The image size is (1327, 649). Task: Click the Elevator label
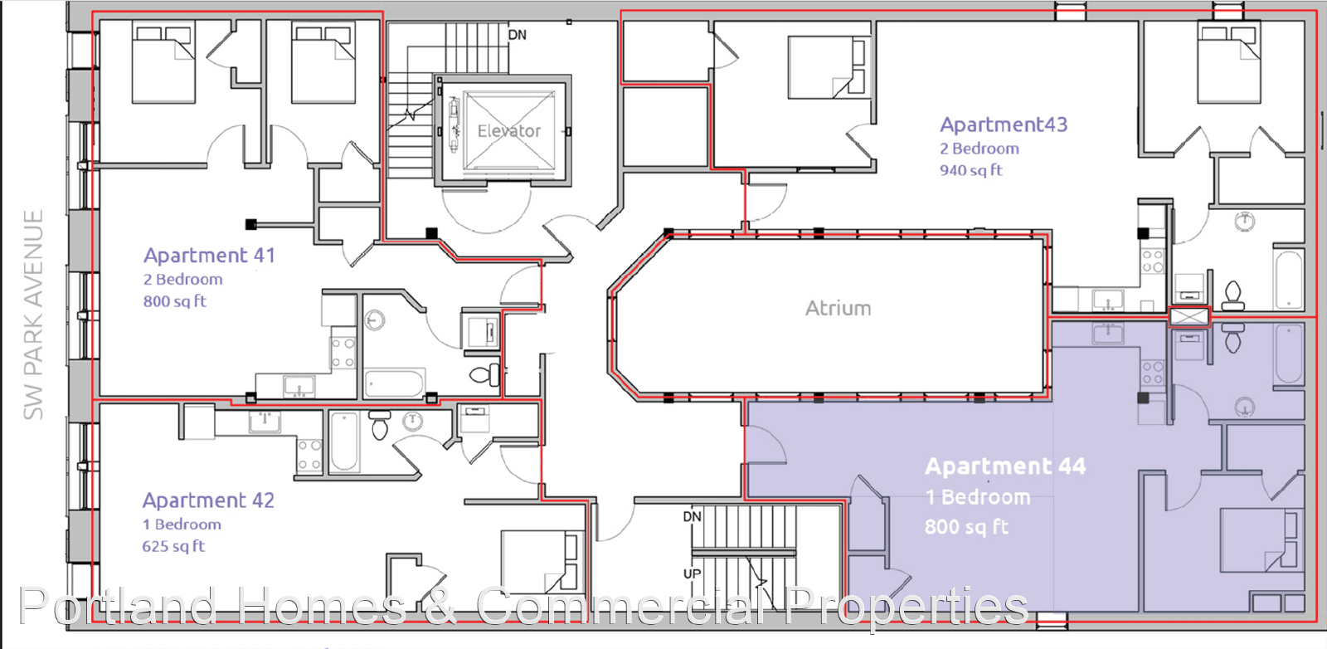point(509,131)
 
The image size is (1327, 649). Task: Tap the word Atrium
point(838,308)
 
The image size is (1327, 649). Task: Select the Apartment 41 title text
point(209,256)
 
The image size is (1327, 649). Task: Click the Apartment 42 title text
point(208,500)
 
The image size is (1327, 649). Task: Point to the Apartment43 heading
point(1004,124)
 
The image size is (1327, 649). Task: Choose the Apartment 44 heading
point(1005,466)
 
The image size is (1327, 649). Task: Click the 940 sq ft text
point(971,171)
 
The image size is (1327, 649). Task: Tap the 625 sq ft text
point(173,546)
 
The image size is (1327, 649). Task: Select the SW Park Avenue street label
point(33,315)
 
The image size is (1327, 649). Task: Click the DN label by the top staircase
point(518,35)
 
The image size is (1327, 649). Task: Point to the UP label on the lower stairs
point(692,573)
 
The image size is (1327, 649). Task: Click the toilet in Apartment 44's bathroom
point(1233,339)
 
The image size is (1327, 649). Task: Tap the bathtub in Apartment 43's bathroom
point(1289,280)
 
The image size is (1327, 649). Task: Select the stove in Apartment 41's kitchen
point(343,353)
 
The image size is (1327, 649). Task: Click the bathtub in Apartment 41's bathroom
point(395,383)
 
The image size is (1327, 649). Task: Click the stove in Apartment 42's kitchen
point(309,455)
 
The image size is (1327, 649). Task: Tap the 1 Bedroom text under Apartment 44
point(978,497)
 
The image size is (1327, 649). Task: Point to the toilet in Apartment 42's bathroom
point(380,426)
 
